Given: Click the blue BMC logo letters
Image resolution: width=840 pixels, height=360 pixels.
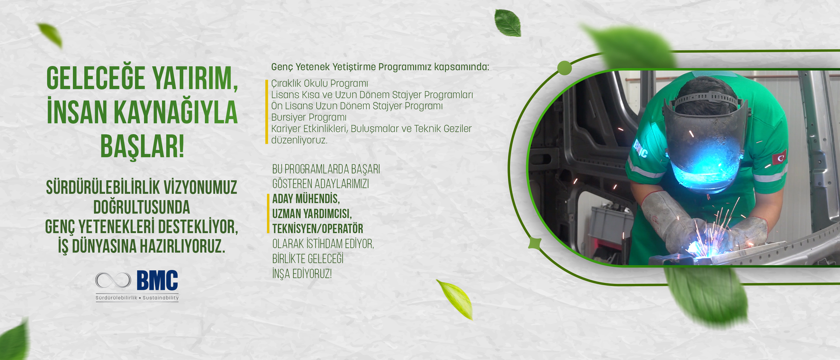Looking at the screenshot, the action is click(157, 280).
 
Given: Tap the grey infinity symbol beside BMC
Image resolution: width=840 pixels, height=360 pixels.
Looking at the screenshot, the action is click(113, 280).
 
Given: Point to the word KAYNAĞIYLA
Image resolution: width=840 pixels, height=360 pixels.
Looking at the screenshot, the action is click(176, 112).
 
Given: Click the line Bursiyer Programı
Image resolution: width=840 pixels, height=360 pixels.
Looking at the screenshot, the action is click(309, 117).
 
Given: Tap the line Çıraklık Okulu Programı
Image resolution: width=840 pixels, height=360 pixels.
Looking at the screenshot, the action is click(319, 83).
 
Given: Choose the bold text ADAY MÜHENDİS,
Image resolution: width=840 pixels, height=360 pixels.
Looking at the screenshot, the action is click(306, 199).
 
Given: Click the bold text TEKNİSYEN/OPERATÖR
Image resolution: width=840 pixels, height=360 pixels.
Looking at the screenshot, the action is click(318, 229).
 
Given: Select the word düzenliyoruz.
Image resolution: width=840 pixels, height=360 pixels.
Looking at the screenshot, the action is click(299, 140).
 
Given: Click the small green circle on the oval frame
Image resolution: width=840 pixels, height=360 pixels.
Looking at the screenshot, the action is click(565, 68).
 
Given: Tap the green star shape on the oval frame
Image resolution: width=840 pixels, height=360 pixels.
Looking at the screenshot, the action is click(535, 243).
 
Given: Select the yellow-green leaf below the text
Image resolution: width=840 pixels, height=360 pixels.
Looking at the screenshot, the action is click(455, 299).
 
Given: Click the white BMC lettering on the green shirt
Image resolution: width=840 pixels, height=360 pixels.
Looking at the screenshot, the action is click(640, 149).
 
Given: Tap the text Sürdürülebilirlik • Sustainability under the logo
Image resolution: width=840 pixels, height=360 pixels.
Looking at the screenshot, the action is click(137, 298).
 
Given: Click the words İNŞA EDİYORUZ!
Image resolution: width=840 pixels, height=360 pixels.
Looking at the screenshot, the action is click(302, 274).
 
